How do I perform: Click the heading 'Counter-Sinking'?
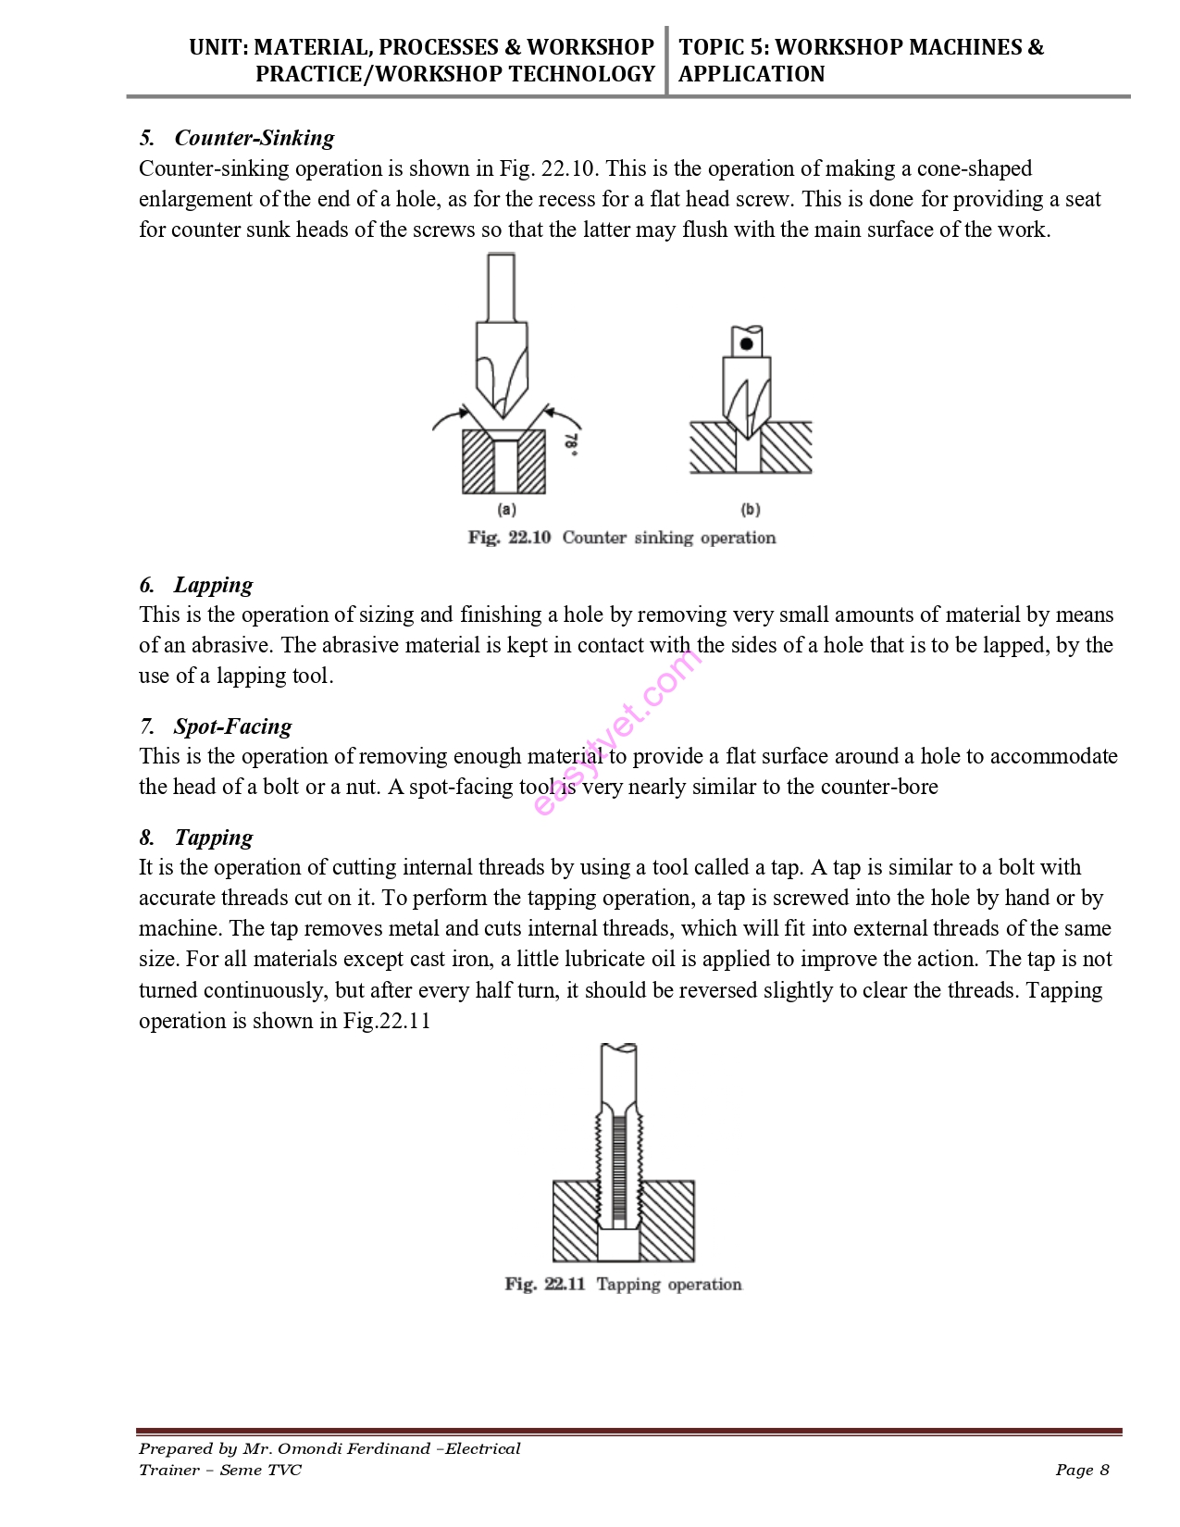point(254,138)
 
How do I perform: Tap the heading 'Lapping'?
point(213,585)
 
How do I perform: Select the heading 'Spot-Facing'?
point(232,726)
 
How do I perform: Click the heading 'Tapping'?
point(213,838)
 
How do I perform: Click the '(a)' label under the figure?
point(506,509)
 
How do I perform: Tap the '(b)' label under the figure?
point(751,509)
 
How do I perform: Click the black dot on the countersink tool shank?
point(747,344)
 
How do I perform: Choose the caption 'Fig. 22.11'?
point(545,1285)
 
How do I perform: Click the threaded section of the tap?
point(619,1166)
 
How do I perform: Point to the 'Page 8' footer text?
point(1082,1470)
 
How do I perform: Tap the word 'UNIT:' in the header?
point(217,47)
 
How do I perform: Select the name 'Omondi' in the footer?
point(315,1448)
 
